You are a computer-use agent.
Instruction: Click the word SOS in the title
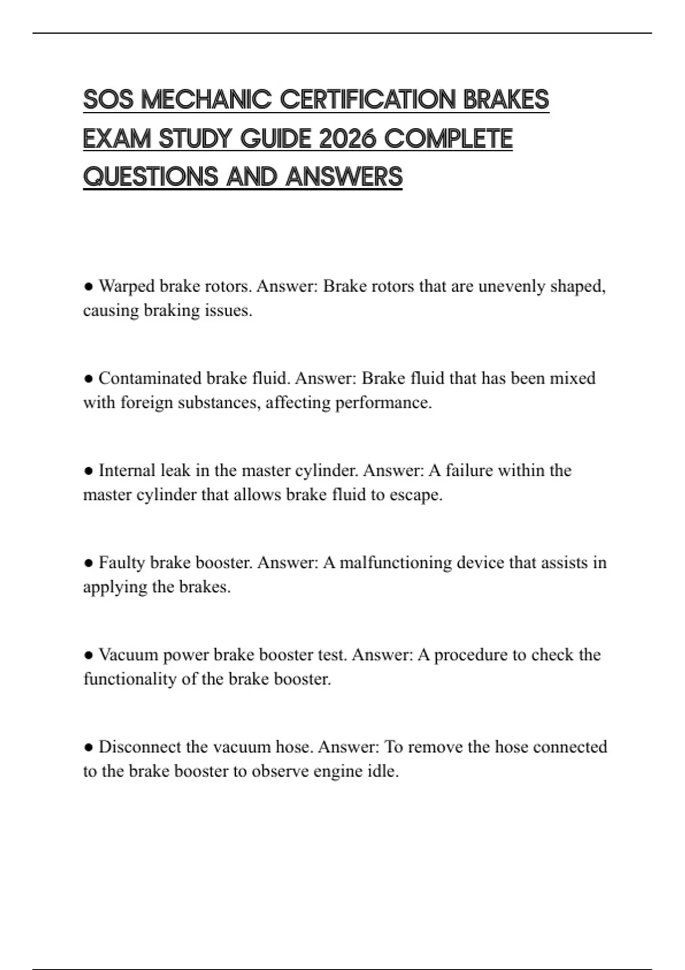point(108,99)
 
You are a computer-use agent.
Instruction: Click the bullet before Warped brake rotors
point(88,286)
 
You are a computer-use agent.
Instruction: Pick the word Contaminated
point(150,378)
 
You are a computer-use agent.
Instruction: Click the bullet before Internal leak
point(88,471)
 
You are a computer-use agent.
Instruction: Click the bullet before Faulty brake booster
point(88,563)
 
